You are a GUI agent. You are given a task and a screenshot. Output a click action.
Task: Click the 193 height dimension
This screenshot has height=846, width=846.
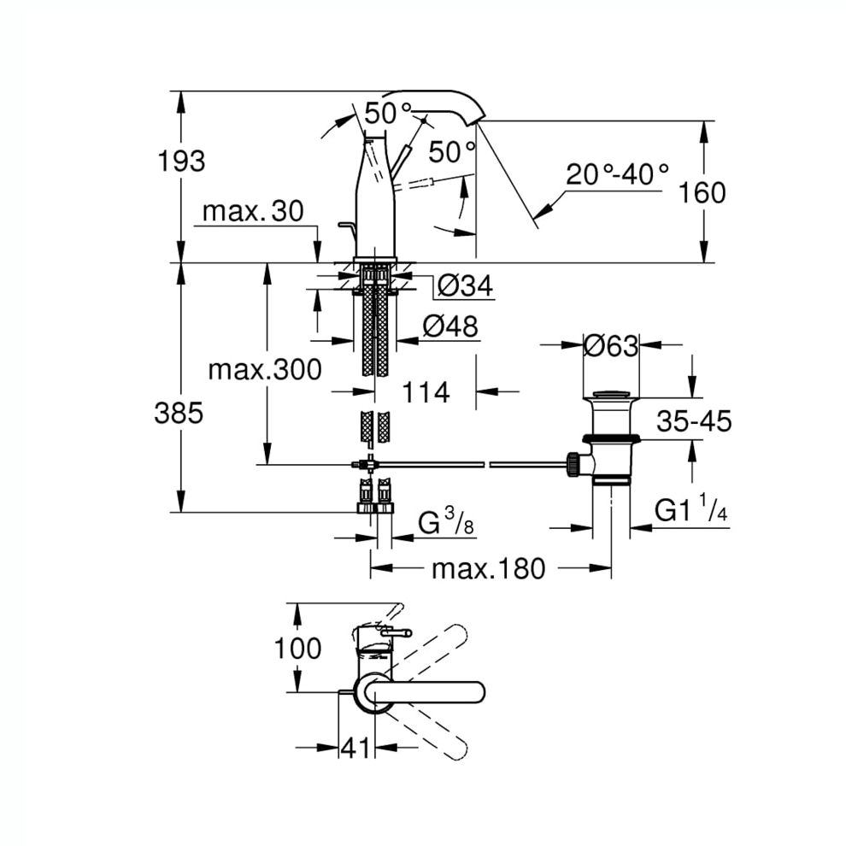tap(181, 162)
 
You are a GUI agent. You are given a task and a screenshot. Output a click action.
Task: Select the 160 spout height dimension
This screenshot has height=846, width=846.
tap(702, 192)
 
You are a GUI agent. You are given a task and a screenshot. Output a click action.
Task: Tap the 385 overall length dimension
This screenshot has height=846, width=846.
tap(179, 414)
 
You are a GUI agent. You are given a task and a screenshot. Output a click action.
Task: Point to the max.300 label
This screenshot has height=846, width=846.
tap(265, 370)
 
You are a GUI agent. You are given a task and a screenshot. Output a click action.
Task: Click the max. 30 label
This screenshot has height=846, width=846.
tap(253, 212)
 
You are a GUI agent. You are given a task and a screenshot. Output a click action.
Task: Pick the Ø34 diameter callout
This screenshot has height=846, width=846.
tap(465, 285)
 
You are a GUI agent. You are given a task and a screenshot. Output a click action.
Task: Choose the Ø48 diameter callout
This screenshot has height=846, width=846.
tap(450, 326)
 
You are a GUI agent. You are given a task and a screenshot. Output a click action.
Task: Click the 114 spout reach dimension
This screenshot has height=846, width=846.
tap(426, 392)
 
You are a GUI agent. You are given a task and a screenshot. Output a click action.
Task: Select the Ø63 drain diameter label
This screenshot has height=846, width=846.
tap(611, 346)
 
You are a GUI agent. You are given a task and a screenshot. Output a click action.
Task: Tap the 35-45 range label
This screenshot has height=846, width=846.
tap(694, 420)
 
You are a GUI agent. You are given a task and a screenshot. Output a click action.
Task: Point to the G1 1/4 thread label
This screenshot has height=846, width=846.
tap(691, 508)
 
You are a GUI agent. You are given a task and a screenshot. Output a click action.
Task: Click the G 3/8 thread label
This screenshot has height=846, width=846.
tap(446, 522)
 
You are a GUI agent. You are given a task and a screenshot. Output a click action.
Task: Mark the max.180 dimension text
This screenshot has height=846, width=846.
tap(489, 568)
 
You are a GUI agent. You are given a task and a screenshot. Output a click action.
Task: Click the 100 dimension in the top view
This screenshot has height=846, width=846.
tap(298, 648)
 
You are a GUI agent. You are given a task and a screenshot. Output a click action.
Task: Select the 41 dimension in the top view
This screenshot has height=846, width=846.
tap(355, 748)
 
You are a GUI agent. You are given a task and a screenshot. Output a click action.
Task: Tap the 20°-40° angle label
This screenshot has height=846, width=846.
tap(617, 174)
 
